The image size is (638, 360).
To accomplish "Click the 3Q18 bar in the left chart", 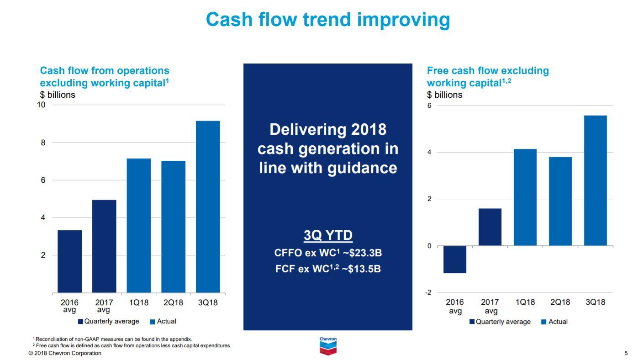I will [x=208, y=206].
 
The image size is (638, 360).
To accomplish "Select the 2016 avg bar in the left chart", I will [x=69, y=261].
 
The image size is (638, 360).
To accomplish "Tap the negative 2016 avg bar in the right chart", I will [x=455, y=259].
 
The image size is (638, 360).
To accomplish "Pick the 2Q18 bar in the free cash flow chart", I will [x=560, y=201].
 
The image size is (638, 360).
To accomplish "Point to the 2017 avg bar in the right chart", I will [x=490, y=227].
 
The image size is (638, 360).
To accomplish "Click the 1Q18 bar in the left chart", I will [x=139, y=225].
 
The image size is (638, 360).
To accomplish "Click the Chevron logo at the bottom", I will [x=327, y=346].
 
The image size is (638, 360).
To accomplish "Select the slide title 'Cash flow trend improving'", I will [x=327, y=20].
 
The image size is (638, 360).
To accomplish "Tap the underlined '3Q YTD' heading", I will [x=328, y=235].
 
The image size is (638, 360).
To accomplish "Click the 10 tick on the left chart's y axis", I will [x=41, y=105].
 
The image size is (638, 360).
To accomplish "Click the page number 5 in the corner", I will [x=626, y=353].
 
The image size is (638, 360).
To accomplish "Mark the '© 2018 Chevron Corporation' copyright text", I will [x=65, y=353].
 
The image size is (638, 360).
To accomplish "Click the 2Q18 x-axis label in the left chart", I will [x=173, y=302].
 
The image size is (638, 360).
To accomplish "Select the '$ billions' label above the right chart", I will [x=444, y=95].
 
